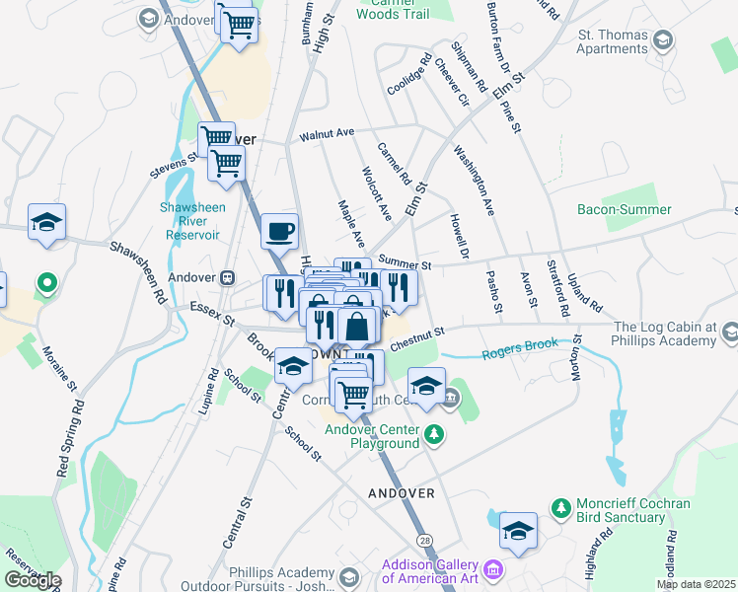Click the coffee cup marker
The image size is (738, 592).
point(280,231)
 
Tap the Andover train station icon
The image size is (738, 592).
point(228,277)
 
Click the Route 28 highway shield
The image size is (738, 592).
point(423,540)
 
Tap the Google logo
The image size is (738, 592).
point(33,580)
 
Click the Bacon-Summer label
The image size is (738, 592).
point(624,209)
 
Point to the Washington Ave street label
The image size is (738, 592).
point(474,181)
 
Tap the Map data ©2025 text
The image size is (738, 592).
point(697,584)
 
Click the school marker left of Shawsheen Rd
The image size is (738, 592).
point(45,223)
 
